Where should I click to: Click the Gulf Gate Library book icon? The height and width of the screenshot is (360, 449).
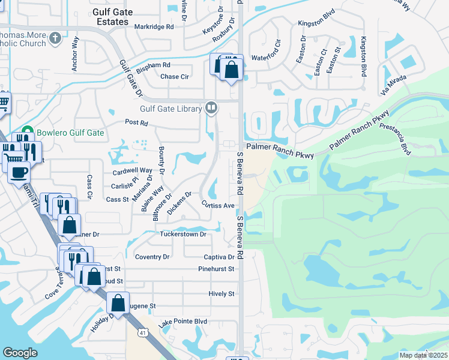pos(211,109)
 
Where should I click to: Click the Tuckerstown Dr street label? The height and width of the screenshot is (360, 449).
pos(183,234)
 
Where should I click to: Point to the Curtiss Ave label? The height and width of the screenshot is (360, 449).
pos(217,205)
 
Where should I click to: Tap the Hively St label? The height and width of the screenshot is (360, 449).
pos(221,293)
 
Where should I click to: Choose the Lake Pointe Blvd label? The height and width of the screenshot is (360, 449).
pos(182,322)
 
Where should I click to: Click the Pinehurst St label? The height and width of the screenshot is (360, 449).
pos(216,269)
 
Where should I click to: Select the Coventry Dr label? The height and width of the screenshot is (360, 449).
pos(153,257)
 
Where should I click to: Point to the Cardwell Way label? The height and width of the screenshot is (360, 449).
pos(133,170)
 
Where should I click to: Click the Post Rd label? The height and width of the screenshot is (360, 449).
pos(136,122)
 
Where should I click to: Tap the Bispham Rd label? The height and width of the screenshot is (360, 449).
pos(153,64)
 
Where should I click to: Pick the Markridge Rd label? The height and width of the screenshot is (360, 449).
pos(154,26)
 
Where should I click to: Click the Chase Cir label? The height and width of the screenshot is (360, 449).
pos(175,77)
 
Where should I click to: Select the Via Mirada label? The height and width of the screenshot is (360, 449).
pos(393,83)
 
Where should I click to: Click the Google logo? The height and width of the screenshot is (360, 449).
pos(20,353)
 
